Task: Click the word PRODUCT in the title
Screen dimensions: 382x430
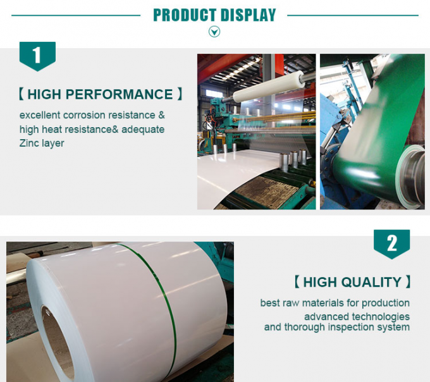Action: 182,15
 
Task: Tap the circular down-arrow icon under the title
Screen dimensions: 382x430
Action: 214,32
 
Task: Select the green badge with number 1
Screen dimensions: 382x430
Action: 37,56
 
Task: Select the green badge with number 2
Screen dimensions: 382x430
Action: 391,243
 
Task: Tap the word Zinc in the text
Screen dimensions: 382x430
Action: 30,143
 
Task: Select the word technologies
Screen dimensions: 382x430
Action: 378,316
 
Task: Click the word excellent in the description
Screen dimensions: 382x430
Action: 39,115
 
